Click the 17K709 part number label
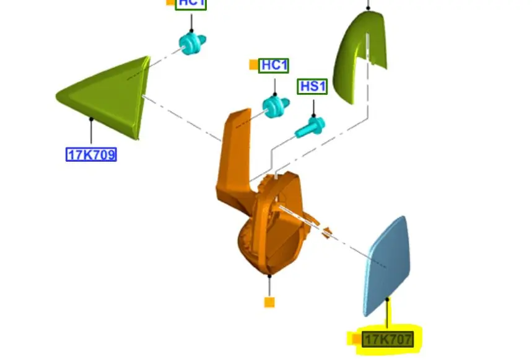[91, 154]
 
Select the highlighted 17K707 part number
[388, 339]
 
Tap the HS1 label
[313, 87]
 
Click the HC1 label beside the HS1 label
[274, 65]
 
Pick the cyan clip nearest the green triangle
[193, 43]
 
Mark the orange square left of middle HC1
[253, 64]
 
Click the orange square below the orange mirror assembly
[269, 302]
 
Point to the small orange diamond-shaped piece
[326, 233]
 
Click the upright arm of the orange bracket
[235, 149]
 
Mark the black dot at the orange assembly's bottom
[269, 276]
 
